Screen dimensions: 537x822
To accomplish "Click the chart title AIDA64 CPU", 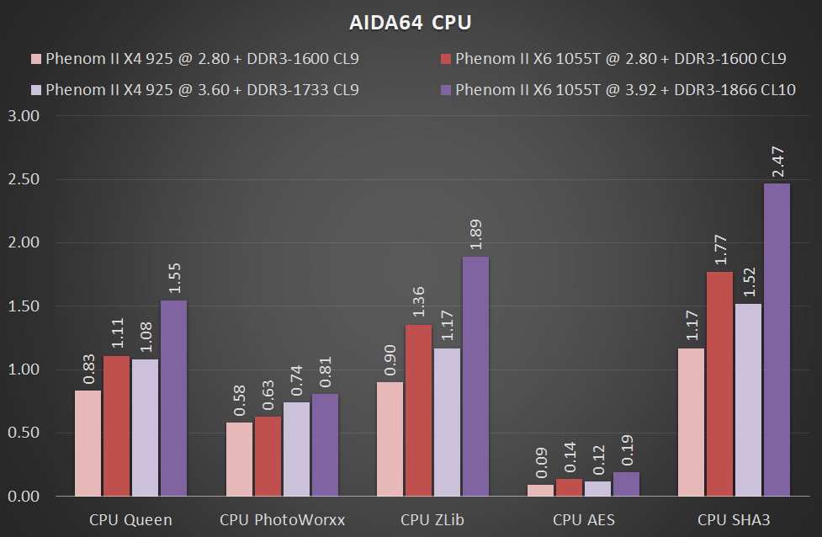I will click(x=411, y=22).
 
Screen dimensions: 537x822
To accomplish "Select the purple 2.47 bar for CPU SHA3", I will click(x=777, y=340).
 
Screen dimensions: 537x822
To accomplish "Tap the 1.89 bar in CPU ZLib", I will click(x=475, y=376).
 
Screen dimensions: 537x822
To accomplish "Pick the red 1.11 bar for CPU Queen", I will click(x=117, y=426).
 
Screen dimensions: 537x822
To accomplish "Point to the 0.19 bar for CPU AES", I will click(x=627, y=484).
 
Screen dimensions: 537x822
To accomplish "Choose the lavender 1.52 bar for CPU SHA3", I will click(x=748, y=400).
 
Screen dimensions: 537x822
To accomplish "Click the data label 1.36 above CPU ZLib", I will click(x=418, y=302).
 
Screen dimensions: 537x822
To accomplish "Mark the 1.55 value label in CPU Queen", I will click(x=175, y=279).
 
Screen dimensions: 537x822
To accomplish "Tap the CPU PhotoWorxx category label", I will click(x=282, y=519).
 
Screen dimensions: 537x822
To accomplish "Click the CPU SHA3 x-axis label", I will click(x=733, y=519).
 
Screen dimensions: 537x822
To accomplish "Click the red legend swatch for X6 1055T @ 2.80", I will click(x=446, y=60).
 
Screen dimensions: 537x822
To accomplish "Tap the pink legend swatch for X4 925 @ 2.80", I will click(x=36, y=60).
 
